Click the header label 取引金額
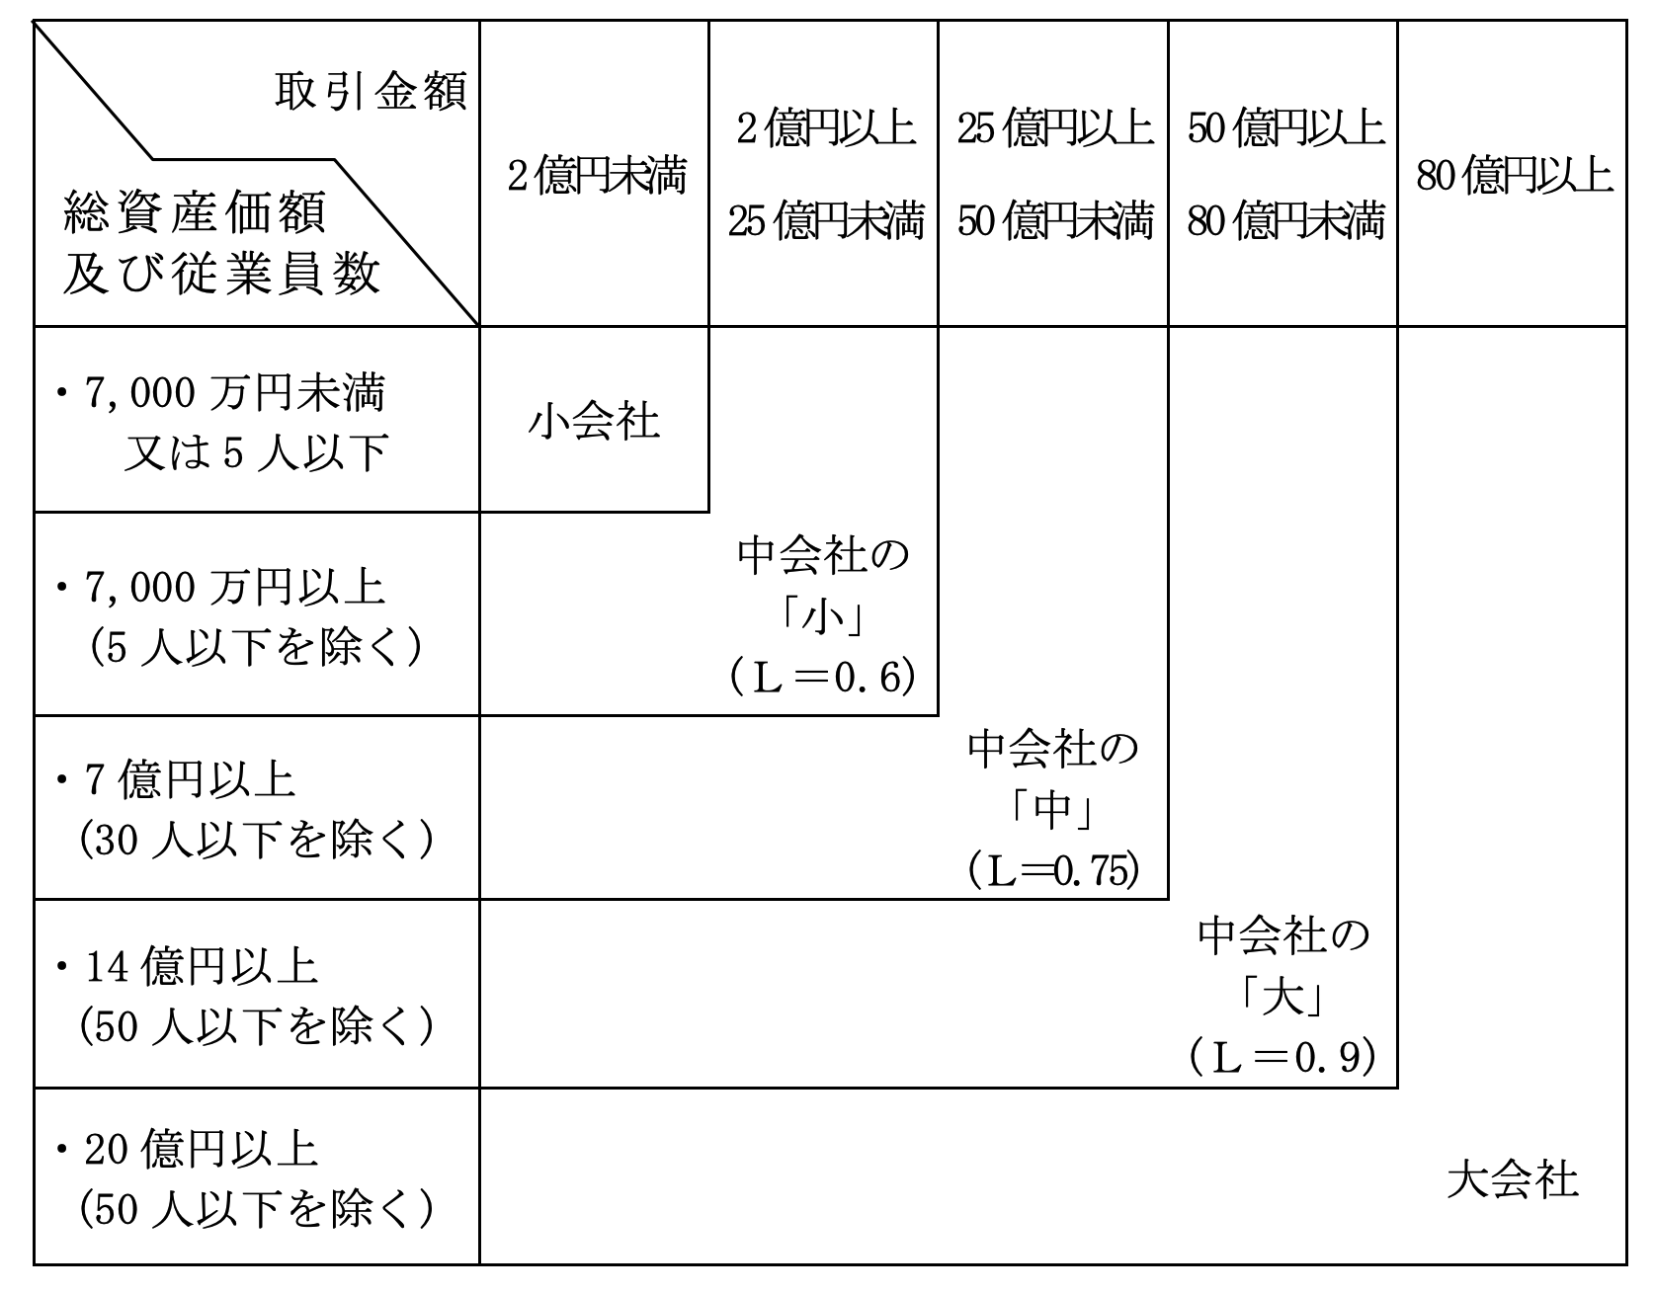pos(370,93)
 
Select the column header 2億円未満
pos(596,177)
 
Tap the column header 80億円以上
pos(1514,177)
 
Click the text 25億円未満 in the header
pos(825,221)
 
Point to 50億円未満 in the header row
pos(1054,221)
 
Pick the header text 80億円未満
pos(1284,221)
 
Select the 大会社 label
pos(1512,1179)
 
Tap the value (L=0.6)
pos(823,679)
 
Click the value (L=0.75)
pos(1053,869)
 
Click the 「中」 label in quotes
pos(1053,811)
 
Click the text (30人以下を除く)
pos(257,841)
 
